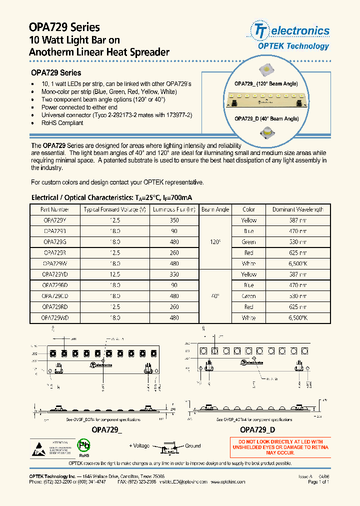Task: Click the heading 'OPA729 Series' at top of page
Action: coord(65,27)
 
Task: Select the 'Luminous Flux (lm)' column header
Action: coord(174,209)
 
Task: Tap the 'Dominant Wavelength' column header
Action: coord(298,209)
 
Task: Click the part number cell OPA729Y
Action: coord(54,220)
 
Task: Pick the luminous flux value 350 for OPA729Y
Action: coord(174,220)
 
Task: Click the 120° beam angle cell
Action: coord(215,242)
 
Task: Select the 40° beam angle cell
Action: coord(215,296)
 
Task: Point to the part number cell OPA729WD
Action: coord(54,318)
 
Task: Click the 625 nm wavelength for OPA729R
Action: coord(298,253)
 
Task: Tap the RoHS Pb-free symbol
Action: coord(84,446)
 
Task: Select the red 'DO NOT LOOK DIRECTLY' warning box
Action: coord(280,447)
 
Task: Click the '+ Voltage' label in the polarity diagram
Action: coord(139,446)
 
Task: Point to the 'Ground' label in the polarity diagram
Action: coord(192,446)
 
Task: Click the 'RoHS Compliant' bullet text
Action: coord(62,123)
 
